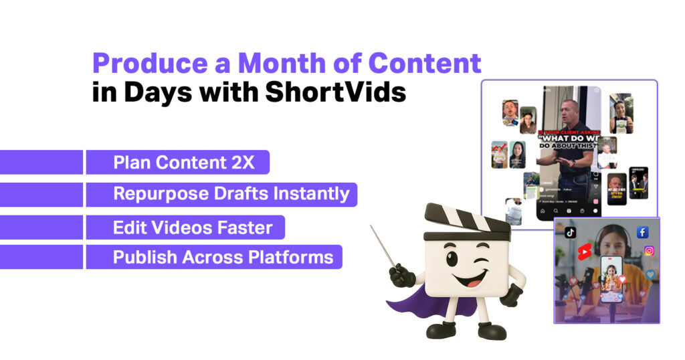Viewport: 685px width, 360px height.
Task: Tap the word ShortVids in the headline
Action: click(x=335, y=92)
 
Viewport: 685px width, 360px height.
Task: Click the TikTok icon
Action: click(x=570, y=233)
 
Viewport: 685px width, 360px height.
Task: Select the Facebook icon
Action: click(x=642, y=232)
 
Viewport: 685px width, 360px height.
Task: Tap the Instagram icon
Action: click(x=649, y=251)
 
